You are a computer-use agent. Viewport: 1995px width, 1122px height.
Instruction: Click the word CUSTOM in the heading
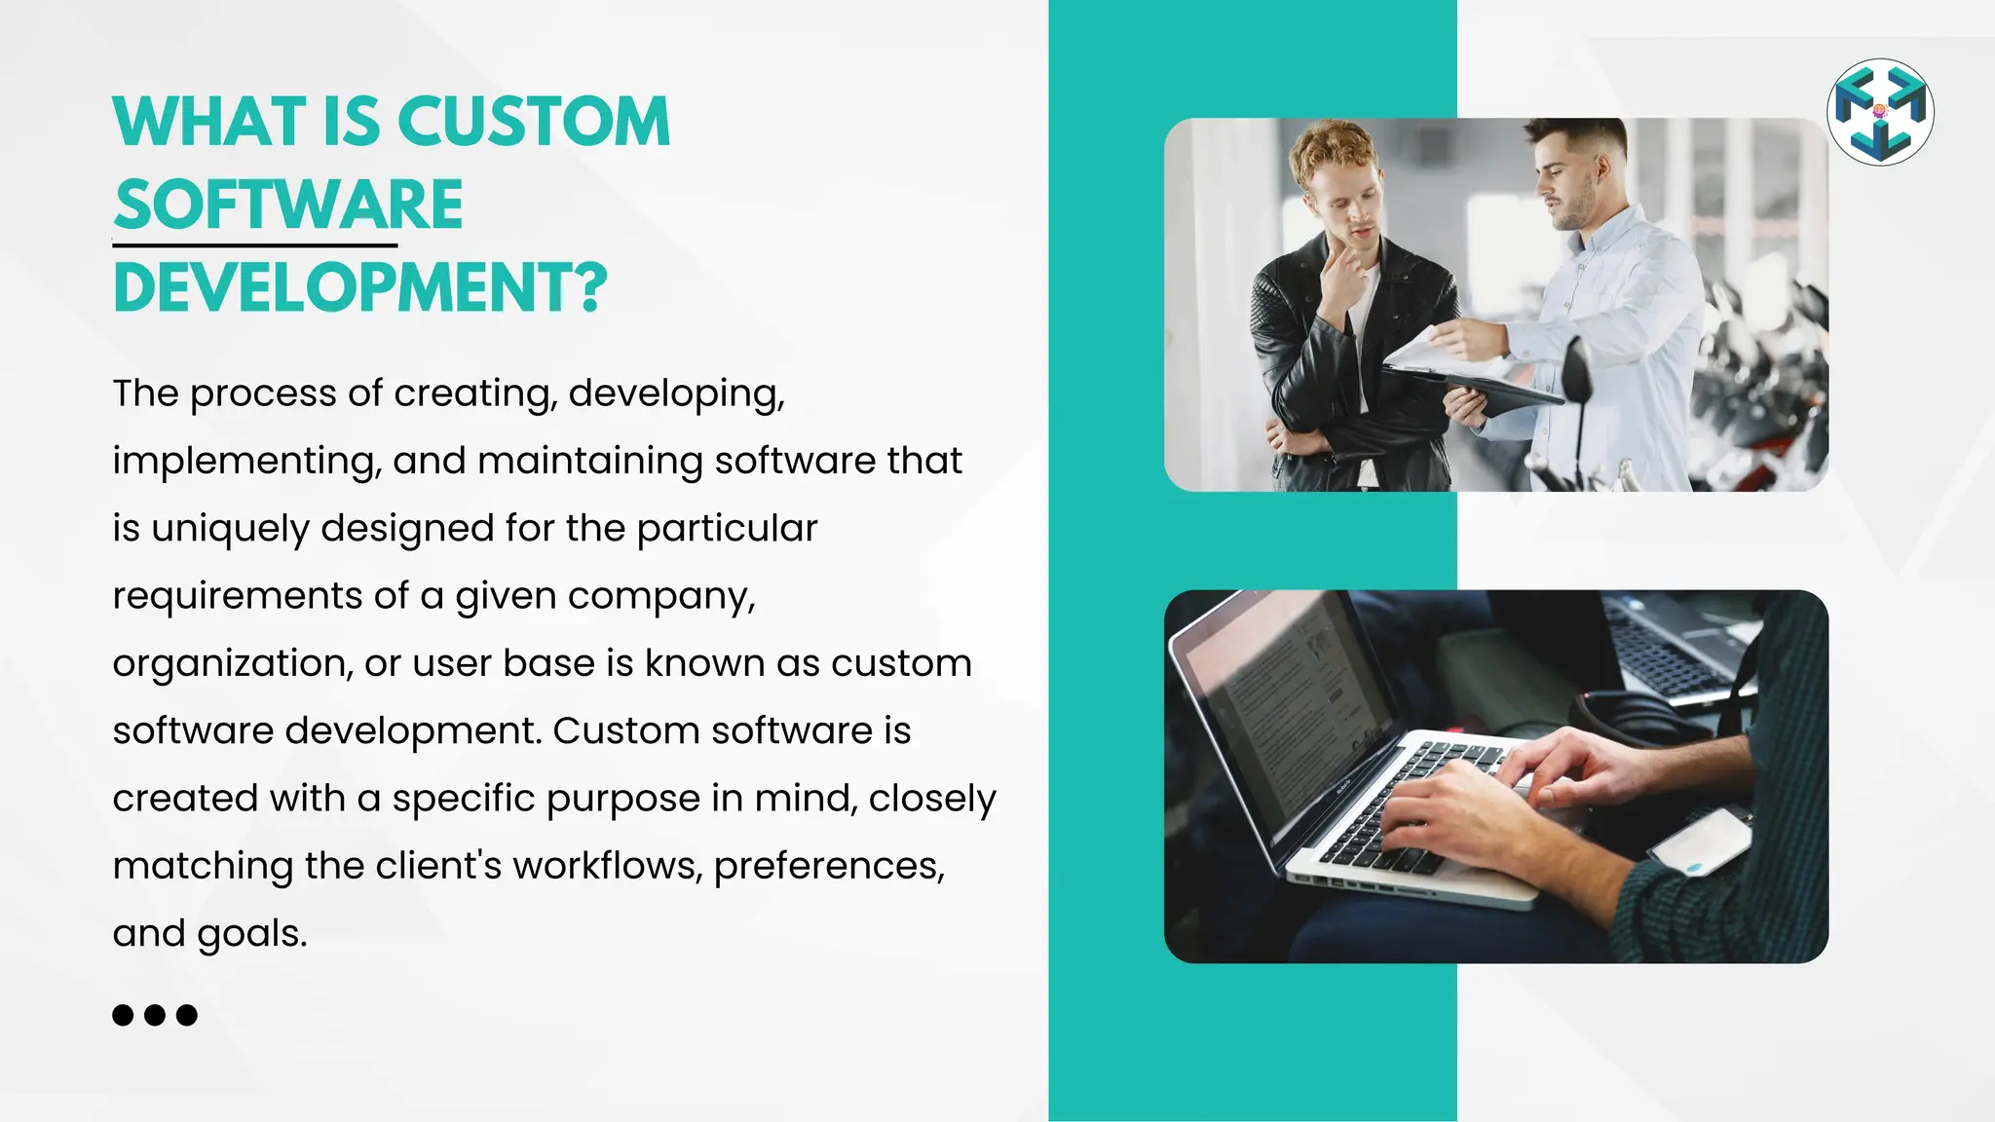point(534,123)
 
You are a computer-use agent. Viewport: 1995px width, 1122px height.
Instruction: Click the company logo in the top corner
point(1880,112)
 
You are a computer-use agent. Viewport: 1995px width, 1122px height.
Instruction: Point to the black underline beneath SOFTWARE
point(255,245)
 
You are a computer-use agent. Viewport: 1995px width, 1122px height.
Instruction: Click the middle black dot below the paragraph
point(155,1015)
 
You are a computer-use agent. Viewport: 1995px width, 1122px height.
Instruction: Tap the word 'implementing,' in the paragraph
point(245,462)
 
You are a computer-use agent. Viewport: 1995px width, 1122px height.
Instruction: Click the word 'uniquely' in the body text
point(230,529)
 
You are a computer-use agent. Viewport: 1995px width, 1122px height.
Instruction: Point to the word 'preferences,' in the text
point(829,866)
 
